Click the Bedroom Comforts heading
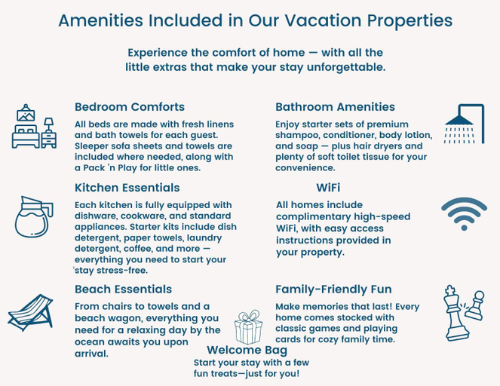130,107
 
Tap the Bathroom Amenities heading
335,107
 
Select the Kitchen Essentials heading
127,188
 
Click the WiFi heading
328,188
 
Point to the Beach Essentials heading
123,289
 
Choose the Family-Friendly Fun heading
333,289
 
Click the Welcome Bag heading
247,350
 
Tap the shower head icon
465,124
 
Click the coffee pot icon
34,216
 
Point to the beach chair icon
31,312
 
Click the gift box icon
248,326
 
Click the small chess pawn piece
475,305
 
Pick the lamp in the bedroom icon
49,124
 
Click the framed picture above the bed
26,114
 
